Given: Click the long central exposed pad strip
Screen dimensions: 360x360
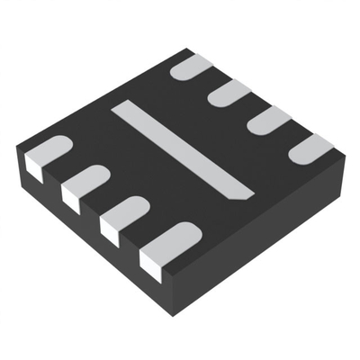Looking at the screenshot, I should [180, 148].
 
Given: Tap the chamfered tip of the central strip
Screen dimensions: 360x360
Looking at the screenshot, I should [243, 191].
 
